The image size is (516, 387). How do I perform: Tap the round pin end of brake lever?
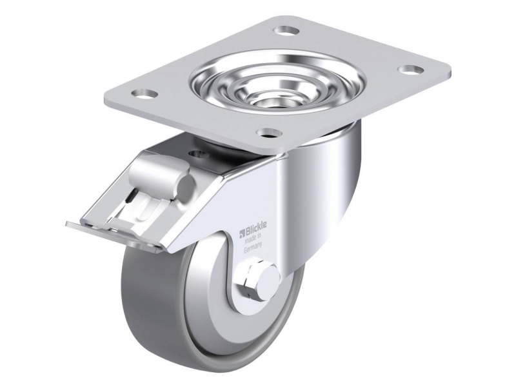point(186,186)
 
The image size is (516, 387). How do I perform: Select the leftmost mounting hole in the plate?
point(148,94)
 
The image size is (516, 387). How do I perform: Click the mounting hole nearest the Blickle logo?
point(264,134)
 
